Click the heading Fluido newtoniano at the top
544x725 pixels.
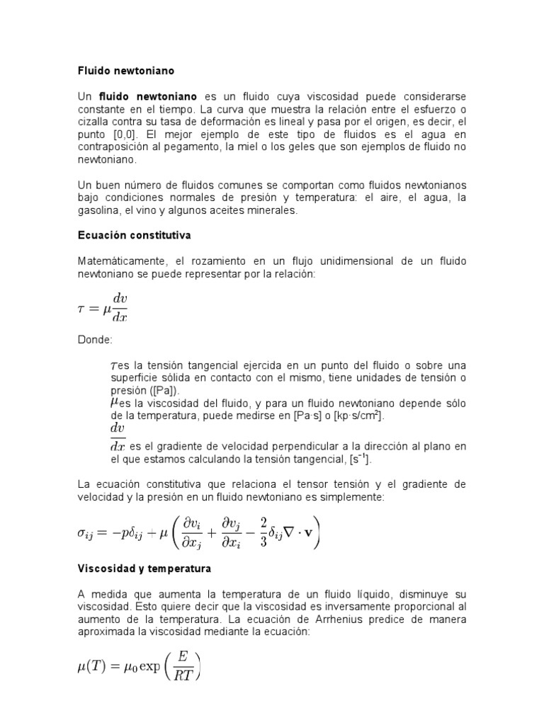point(125,72)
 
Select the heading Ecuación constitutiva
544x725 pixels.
point(135,233)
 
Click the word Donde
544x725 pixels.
point(94,341)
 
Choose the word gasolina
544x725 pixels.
point(100,210)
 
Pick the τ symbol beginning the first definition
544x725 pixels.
point(115,365)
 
